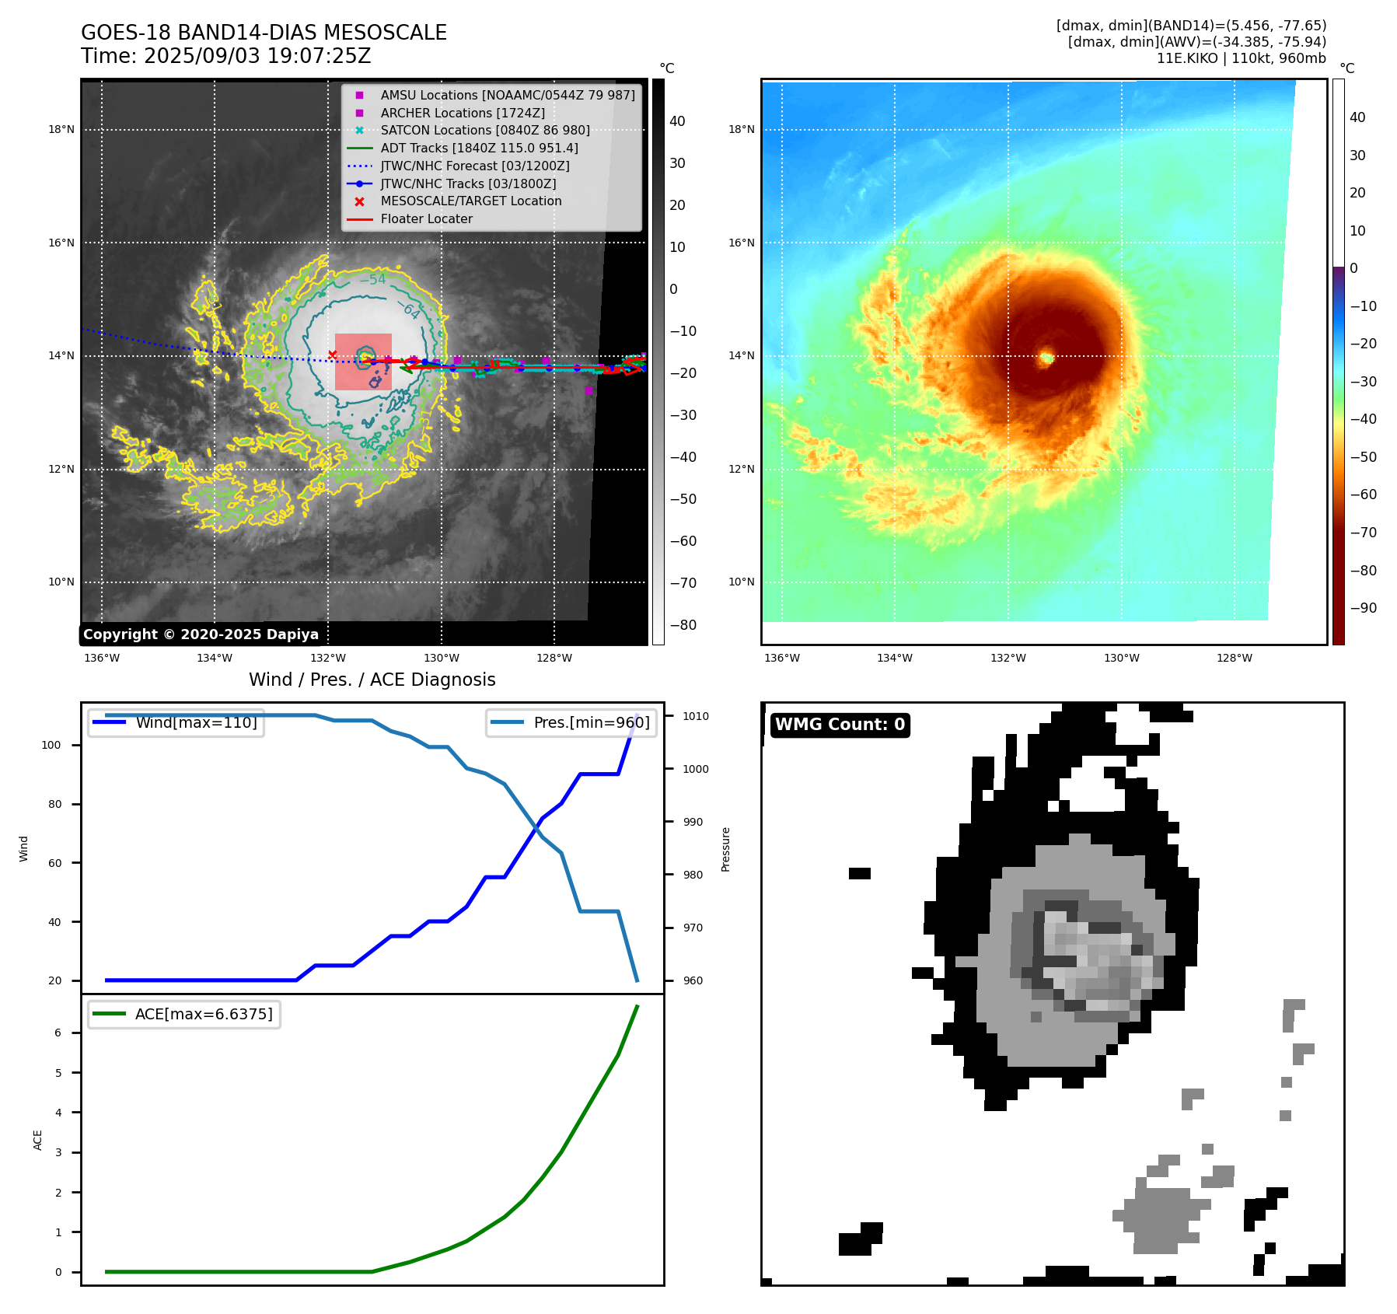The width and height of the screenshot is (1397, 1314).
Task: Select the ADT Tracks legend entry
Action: point(479,148)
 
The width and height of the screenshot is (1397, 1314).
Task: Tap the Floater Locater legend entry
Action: point(426,218)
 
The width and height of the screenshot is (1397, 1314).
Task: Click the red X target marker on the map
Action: point(333,355)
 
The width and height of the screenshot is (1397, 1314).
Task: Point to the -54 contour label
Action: point(373,280)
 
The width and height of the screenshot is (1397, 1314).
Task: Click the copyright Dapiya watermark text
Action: point(201,634)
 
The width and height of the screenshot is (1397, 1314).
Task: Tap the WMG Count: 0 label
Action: point(840,725)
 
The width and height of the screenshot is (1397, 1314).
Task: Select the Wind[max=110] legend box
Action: point(176,722)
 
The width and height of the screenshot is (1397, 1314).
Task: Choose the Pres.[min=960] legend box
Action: point(571,722)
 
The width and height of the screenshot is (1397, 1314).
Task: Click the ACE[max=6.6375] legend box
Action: point(184,1014)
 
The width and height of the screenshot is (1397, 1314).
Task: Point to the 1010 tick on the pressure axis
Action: point(696,716)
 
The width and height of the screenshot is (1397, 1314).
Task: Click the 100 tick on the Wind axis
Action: point(51,745)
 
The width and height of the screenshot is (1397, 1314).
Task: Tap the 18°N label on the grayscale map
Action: point(61,130)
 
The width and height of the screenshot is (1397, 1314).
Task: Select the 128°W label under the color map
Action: point(1235,658)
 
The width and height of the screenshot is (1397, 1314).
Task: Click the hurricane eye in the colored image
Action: point(1046,358)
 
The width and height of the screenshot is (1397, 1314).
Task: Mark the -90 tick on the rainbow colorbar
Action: point(1363,608)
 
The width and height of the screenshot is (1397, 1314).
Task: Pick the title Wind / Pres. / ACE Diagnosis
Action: point(372,680)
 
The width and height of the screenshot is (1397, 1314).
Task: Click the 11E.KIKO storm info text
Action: point(1241,58)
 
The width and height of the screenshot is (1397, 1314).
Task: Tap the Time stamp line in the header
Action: point(226,56)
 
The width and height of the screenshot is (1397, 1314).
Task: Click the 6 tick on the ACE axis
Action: point(58,1033)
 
